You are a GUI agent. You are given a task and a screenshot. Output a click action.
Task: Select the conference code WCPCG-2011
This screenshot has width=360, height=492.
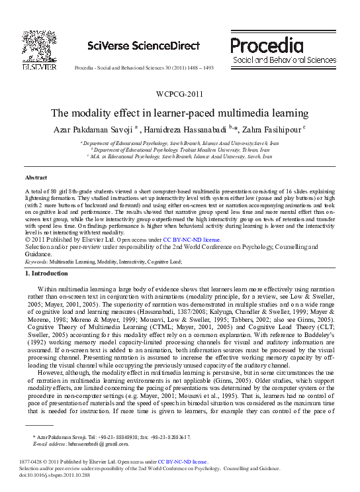[179, 93]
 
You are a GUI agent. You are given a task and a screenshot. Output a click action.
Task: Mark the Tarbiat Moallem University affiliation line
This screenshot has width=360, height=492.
[179, 150]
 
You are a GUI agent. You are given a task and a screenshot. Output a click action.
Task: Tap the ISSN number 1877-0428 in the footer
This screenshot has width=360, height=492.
[33, 462]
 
